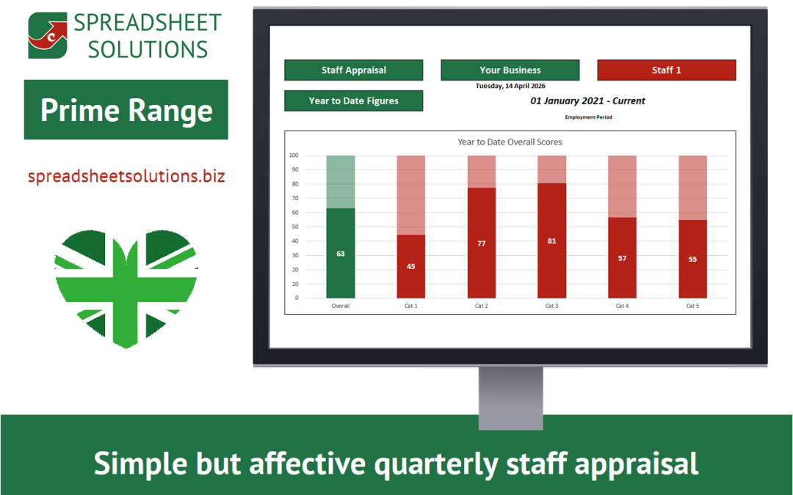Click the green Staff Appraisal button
click(x=353, y=70)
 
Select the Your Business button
click(x=510, y=70)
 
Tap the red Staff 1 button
click(x=666, y=70)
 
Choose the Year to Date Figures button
click(x=353, y=101)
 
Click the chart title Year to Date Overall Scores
click(x=510, y=142)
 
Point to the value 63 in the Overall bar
click(x=341, y=254)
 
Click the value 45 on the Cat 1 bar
click(x=410, y=266)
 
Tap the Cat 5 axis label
click(x=692, y=306)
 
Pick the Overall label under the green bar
click(x=341, y=306)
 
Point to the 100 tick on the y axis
click(x=294, y=155)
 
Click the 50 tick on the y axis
click(x=294, y=227)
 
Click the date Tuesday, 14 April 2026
click(x=510, y=86)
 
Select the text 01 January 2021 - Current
click(x=587, y=101)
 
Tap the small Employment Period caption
click(x=588, y=117)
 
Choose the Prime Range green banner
click(x=126, y=110)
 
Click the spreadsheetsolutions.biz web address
click(x=126, y=177)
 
